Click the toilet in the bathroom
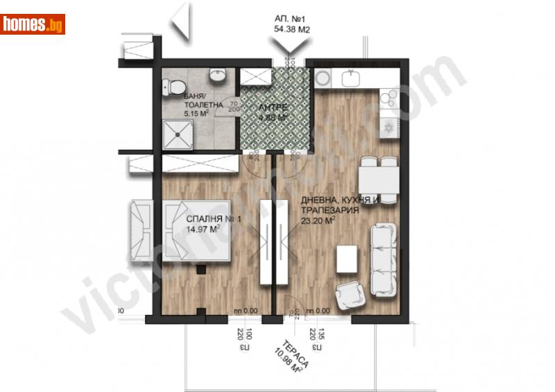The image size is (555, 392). coord(175,87)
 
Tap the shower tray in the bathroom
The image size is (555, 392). coord(180,133)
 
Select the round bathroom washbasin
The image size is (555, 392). coord(219,74)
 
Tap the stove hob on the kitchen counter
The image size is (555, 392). coord(388,126)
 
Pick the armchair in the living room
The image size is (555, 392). coord(350,298)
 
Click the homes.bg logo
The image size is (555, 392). coord(33,24)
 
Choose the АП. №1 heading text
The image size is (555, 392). coord(290,19)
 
